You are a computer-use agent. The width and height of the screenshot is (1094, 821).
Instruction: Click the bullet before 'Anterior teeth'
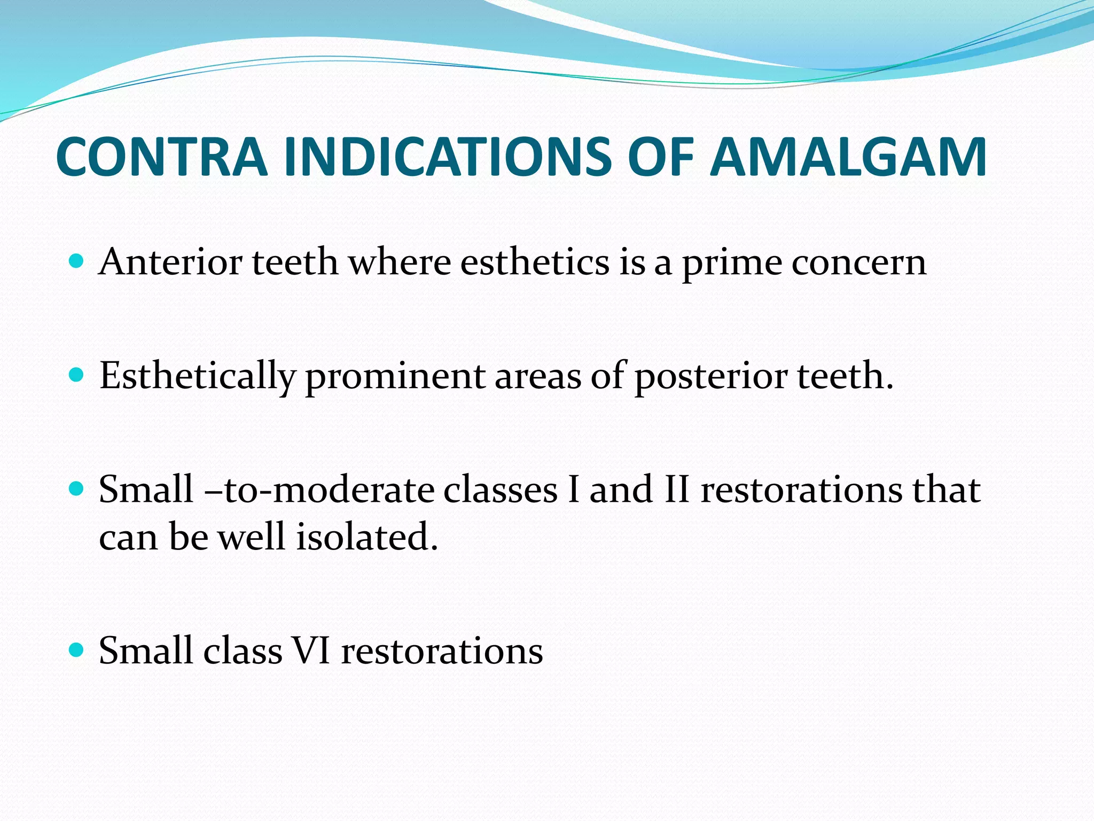click(x=77, y=261)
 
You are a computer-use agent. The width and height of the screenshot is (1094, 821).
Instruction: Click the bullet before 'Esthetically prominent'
click(x=77, y=375)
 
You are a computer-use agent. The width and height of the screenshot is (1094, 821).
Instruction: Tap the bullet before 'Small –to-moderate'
click(x=77, y=489)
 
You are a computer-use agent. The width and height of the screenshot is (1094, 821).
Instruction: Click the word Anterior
click(x=169, y=262)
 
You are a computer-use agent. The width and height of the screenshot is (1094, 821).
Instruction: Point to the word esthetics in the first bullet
click(x=535, y=262)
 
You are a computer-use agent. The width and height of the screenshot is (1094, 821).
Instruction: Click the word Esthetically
click(x=197, y=377)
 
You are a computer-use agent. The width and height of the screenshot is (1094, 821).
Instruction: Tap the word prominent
click(x=395, y=377)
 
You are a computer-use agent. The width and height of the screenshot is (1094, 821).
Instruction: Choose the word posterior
click(x=710, y=377)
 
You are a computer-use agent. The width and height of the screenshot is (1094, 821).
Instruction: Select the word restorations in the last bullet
click(x=442, y=651)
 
